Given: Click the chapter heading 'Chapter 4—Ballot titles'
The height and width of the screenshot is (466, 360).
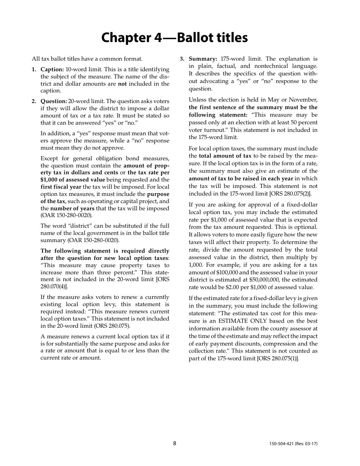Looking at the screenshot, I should coord(174,38).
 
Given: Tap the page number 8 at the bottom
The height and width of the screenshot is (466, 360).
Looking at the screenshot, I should coord(175,443).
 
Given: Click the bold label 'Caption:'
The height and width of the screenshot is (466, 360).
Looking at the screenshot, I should coord(52,69).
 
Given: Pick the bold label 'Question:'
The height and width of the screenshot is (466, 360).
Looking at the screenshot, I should coord(54,101).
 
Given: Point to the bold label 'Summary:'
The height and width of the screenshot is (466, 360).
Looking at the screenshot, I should coord(203,59).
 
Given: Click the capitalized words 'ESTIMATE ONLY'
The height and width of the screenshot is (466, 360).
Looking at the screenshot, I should coord(238,321).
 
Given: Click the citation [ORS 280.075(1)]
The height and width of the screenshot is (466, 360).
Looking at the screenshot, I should coord(278,358).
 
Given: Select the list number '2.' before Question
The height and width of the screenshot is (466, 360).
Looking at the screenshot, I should coord(34,101).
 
